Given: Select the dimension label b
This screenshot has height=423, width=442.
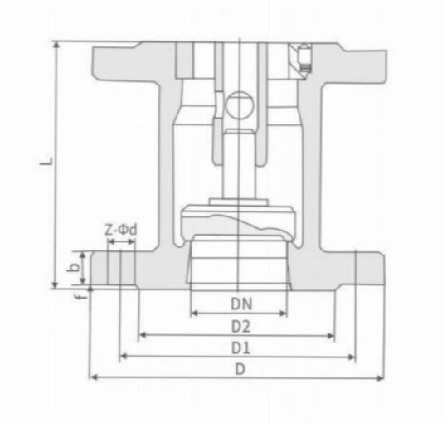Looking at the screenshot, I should click(74, 268).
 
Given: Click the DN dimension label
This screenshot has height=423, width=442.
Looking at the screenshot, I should click(240, 304).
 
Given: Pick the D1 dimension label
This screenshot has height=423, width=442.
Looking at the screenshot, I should click(240, 346).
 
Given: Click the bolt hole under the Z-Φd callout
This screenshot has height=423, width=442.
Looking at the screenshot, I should click(121, 268).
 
